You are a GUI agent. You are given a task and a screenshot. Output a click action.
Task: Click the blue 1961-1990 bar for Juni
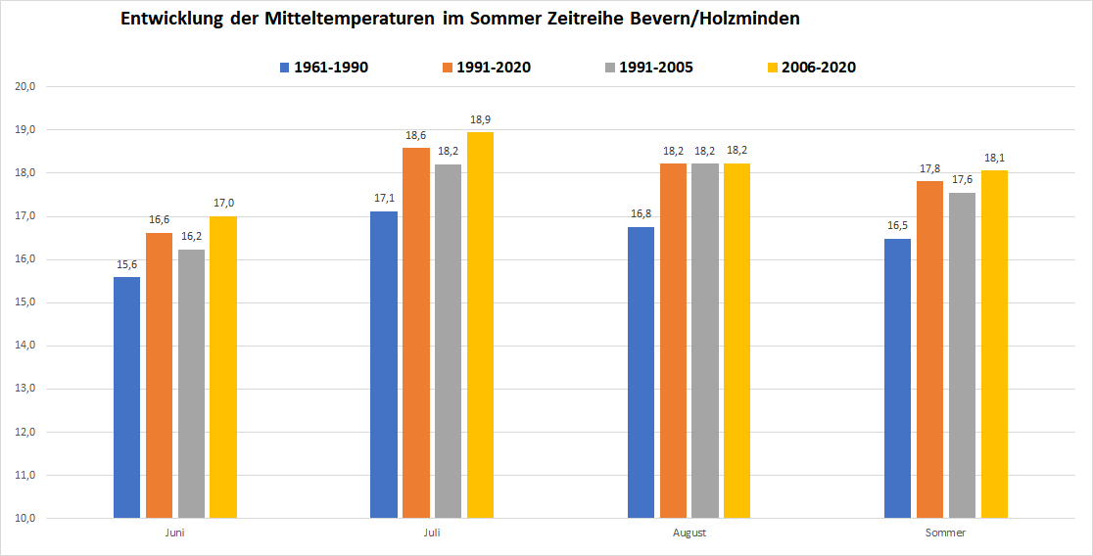(126, 397)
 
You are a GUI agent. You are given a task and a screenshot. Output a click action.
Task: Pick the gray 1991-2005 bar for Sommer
(962, 355)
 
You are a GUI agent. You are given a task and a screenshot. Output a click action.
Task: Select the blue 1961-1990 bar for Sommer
(897, 378)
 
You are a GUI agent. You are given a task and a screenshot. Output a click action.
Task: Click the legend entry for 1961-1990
(324, 68)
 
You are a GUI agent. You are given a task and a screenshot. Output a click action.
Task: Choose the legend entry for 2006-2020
(809, 68)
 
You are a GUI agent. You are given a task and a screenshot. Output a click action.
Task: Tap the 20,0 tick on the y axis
(25, 87)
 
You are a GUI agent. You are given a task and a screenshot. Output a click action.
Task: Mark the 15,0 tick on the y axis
(25, 302)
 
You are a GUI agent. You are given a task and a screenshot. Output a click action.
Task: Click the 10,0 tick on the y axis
(25, 519)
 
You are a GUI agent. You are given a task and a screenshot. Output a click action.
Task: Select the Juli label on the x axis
(432, 533)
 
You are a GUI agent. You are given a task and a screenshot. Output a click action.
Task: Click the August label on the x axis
(689, 533)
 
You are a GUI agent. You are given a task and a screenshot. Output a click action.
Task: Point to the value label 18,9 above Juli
(480, 120)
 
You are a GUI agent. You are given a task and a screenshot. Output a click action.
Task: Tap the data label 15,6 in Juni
(126, 265)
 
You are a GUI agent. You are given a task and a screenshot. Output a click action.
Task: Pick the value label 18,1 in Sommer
(994, 159)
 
